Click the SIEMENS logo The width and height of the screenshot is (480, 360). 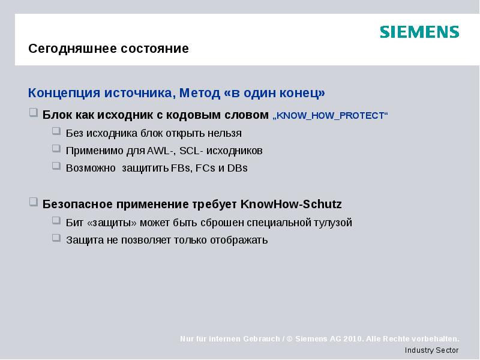[419, 32]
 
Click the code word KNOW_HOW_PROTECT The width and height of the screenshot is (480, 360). [331, 115]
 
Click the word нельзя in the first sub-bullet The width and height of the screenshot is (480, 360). [225, 133]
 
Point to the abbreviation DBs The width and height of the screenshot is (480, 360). [238, 168]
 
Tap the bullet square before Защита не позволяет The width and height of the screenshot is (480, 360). [56, 239]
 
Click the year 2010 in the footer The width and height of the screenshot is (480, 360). [352, 339]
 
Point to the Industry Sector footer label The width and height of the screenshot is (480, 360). [431, 350]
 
